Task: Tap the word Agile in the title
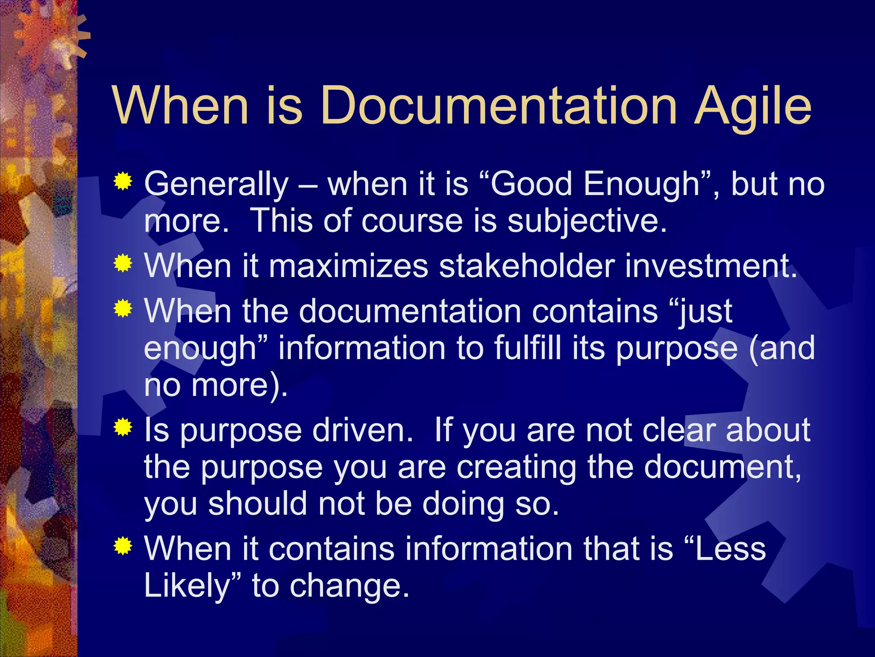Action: [752, 107]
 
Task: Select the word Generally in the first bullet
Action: [216, 184]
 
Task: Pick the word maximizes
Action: [348, 266]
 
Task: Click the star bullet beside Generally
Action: [123, 181]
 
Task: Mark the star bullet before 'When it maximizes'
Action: [123, 263]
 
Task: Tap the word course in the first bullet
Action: [412, 222]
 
